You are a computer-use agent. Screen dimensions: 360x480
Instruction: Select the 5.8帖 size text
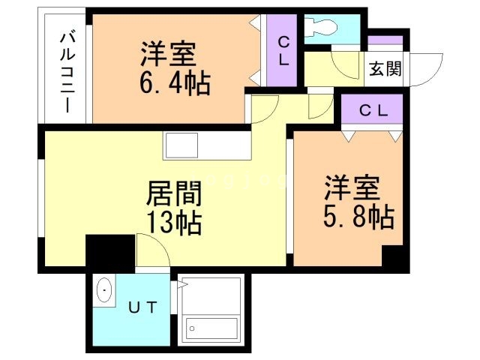coord(358,217)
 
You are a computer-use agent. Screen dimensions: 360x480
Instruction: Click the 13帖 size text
coord(173,223)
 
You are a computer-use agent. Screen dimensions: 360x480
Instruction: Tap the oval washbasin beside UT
coord(104,291)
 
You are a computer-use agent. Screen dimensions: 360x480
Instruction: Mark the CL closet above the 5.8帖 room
coord(373,110)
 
